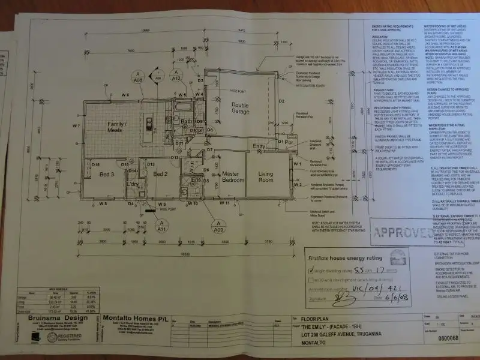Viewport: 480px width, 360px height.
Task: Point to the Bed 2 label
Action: [x=159, y=174]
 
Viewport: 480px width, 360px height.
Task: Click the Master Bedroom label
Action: [x=231, y=176]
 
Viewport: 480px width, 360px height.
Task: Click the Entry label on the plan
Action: [x=259, y=146]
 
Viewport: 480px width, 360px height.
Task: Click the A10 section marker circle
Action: [x=176, y=76]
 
